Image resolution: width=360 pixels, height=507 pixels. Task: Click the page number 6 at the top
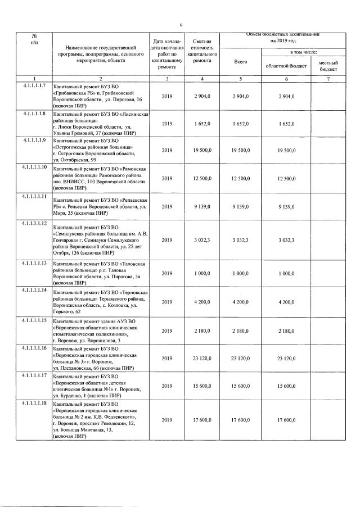181,25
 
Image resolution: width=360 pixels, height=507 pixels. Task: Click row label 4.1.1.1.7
34,85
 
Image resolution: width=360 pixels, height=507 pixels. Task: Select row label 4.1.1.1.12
34,224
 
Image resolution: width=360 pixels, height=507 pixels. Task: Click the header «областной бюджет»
286,65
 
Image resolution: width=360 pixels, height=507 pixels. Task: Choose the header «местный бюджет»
328,65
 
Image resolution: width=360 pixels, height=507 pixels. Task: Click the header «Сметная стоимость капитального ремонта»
202,53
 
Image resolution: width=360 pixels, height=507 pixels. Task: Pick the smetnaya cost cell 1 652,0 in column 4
202,123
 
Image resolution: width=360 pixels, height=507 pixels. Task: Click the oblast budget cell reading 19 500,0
286,150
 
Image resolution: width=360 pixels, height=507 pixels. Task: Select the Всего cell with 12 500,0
240,179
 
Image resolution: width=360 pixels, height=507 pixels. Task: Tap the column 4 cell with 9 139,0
202,207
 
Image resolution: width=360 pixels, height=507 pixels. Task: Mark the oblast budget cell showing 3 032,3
286,240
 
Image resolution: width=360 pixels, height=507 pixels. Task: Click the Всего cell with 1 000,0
240,273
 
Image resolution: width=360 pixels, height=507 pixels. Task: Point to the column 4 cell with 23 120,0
202,358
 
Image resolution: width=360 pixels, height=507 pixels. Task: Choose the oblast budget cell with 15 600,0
286,386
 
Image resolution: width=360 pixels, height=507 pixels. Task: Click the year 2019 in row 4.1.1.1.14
167,302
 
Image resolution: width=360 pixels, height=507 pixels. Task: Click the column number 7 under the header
328,78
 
